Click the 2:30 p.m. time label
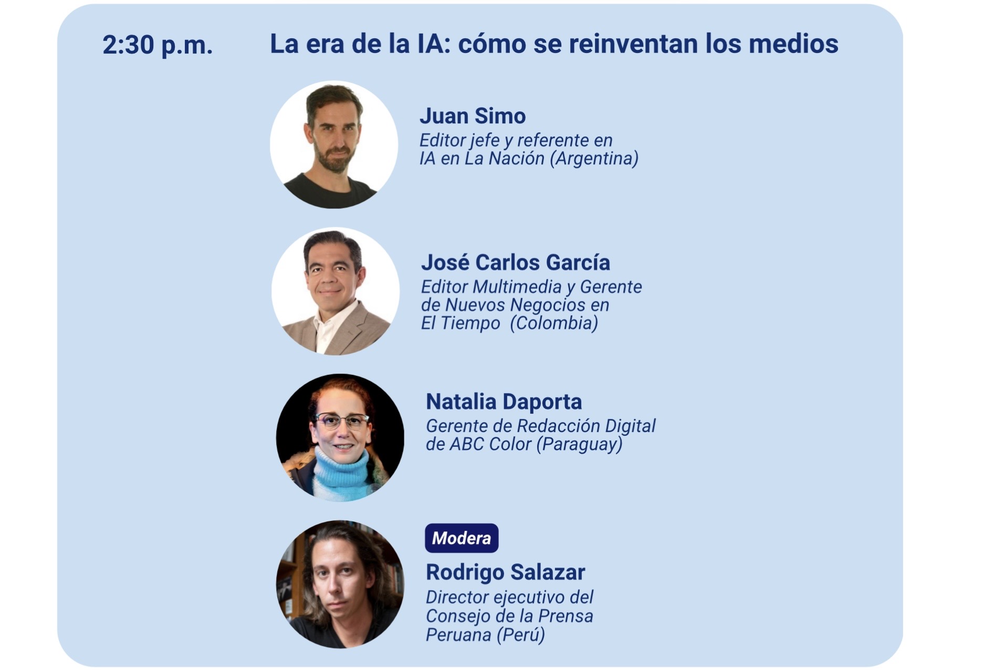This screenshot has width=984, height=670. coord(158,45)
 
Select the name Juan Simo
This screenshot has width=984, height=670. coord(473,116)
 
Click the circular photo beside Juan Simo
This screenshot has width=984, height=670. coord(334,144)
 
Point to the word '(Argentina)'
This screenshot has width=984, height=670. coord(594,159)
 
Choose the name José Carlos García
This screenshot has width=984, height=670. coord(516,263)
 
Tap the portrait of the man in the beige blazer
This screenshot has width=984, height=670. coord(336,291)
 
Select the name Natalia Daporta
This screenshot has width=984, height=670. coord(504,402)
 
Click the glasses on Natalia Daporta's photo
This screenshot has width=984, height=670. coord(341,421)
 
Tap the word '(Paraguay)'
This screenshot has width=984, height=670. coord(580,444)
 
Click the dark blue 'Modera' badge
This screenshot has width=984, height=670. coord(462,538)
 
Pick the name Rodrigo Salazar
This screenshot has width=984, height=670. coord(506,572)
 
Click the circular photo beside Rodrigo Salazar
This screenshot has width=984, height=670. coord(340,584)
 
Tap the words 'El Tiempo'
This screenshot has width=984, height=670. coord(460,323)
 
